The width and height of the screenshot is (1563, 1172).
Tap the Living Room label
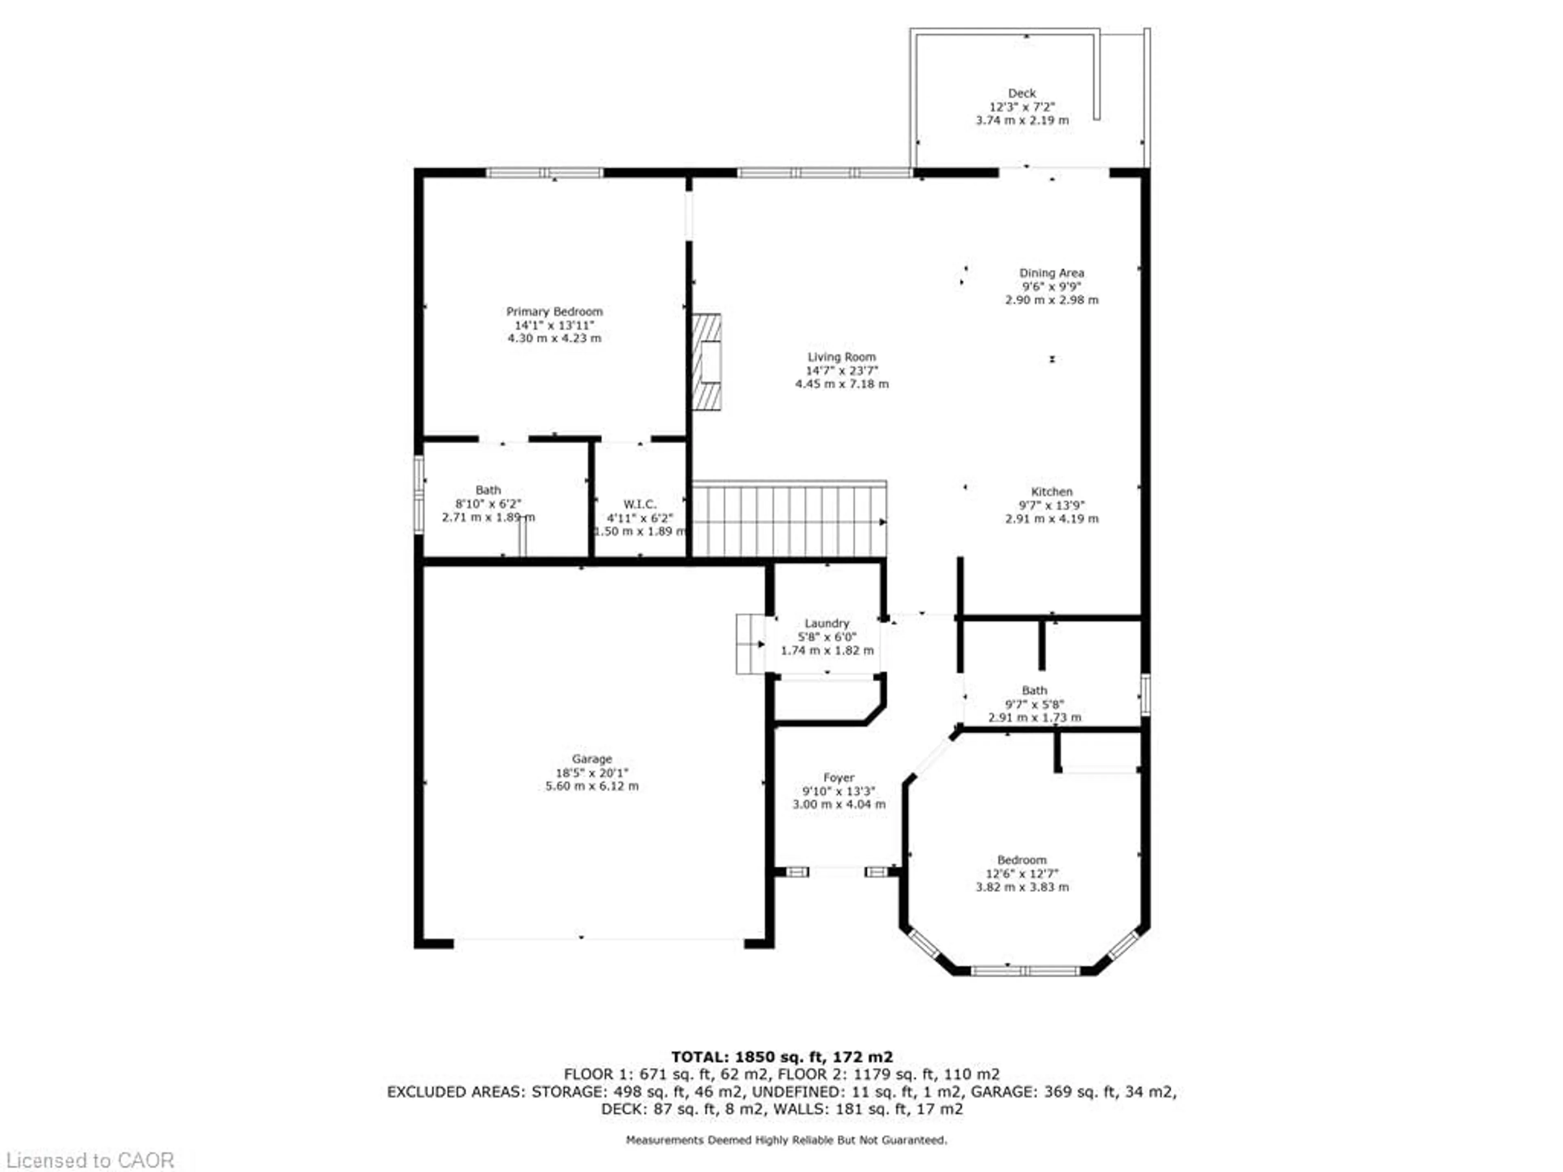(842, 357)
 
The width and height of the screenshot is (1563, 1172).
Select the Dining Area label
(1051, 273)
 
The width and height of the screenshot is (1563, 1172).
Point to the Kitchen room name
(1051, 492)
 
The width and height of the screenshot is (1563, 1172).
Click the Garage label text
(592, 759)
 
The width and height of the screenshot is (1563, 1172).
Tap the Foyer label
(839, 778)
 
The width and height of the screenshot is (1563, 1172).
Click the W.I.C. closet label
(639, 504)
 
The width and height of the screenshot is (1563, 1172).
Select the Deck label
(1022, 93)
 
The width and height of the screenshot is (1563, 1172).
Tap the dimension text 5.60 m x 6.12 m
(592, 786)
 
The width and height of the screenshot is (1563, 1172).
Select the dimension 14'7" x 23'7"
(842, 371)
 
